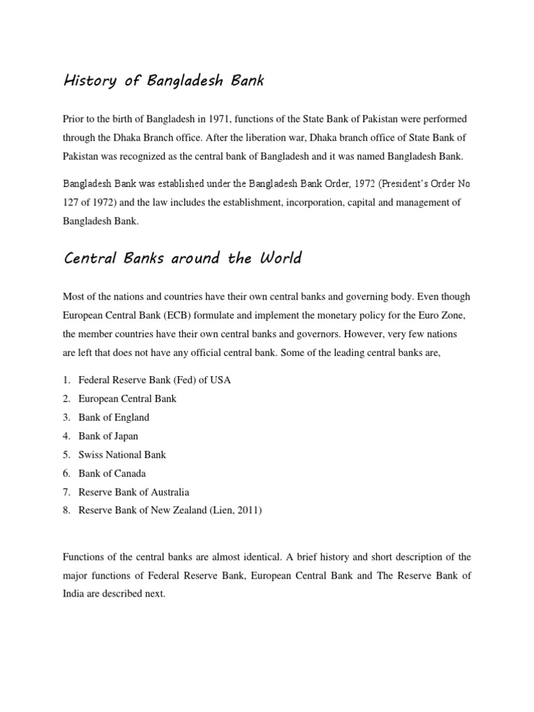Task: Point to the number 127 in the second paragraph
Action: point(72,202)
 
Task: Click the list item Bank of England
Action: point(114,417)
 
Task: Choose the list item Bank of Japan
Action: point(108,436)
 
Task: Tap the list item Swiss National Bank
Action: point(122,455)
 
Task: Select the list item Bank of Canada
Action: point(112,474)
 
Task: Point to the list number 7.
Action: point(66,492)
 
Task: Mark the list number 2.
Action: point(66,398)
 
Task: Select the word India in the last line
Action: point(74,594)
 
